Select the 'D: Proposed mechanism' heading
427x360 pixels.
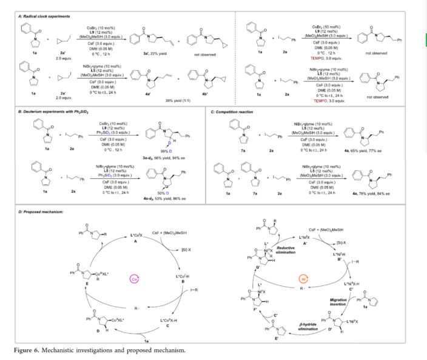[37, 212]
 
